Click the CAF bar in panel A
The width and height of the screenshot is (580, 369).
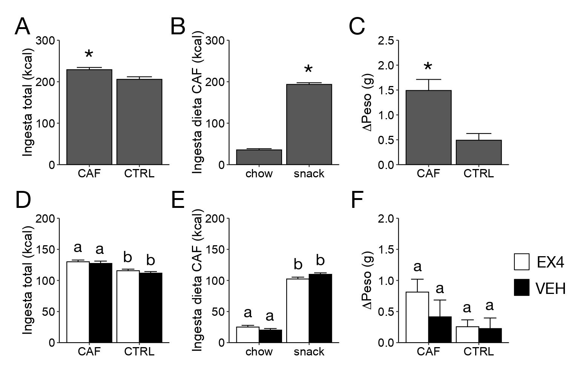[x=89, y=117]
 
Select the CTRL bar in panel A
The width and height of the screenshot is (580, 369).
[x=139, y=121]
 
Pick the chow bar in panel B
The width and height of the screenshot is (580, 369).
[x=259, y=157]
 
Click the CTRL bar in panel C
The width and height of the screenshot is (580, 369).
[x=479, y=152]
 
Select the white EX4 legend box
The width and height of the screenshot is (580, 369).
[x=522, y=262]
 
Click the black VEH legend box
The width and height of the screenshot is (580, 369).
[x=522, y=288]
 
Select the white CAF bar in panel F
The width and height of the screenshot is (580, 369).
[x=417, y=317]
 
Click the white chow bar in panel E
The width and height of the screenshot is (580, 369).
[x=247, y=334]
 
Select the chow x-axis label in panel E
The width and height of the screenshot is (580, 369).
[x=259, y=352]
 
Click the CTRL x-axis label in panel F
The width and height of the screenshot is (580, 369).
[x=479, y=352]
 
